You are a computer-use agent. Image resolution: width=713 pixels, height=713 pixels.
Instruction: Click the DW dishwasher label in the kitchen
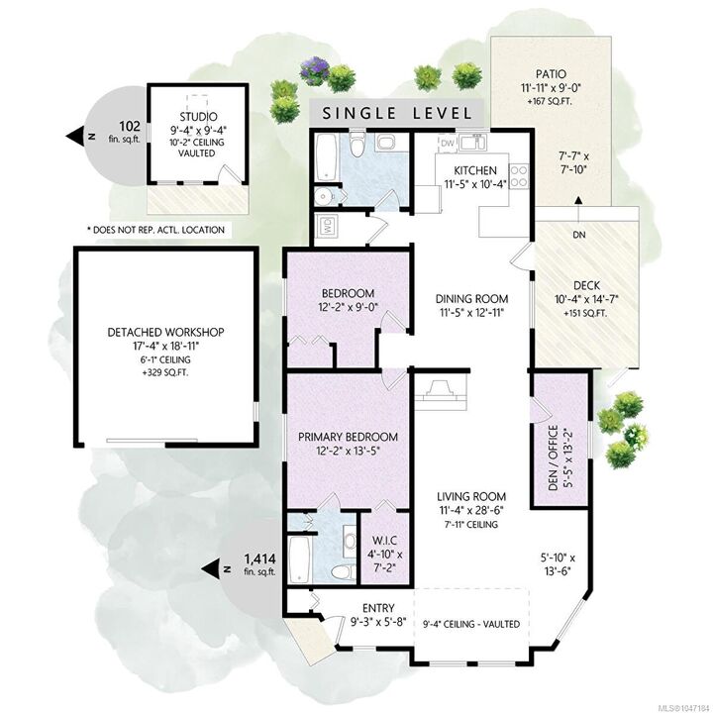pyautogui.click(x=448, y=144)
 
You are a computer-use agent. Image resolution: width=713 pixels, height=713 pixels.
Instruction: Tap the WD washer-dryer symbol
pyautogui.click(x=327, y=226)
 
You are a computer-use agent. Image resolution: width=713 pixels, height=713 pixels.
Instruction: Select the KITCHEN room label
pyautogui.click(x=475, y=170)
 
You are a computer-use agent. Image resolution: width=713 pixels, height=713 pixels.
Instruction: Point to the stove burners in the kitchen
pyautogui.click(x=519, y=176)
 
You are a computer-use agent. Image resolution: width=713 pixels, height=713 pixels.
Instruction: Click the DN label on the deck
pyautogui.click(x=579, y=235)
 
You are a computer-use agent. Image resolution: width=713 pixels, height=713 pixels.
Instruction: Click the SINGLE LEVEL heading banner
pyautogui.click(x=396, y=113)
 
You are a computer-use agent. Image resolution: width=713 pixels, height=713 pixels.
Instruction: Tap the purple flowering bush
pyautogui.click(x=315, y=70)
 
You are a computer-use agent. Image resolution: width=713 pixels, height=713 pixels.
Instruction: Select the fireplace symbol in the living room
pyautogui.click(x=440, y=390)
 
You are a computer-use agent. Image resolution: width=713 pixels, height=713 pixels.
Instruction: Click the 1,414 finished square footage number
pyautogui.click(x=259, y=558)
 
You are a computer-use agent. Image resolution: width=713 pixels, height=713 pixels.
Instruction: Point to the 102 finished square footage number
pyautogui.click(x=130, y=126)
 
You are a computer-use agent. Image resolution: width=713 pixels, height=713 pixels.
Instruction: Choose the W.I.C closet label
pyautogui.click(x=384, y=541)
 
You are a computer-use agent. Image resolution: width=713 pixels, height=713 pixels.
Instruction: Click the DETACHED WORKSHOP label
pyautogui.click(x=165, y=332)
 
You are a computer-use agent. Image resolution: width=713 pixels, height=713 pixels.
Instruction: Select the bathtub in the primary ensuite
pyautogui.click(x=299, y=560)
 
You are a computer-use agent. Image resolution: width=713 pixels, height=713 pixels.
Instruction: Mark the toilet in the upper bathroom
pyautogui.click(x=357, y=144)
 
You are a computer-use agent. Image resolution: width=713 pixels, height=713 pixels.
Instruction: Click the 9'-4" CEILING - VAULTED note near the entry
pyautogui.click(x=471, y=624)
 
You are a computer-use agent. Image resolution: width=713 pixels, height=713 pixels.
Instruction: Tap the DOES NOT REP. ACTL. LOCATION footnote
pyautogui.click(x=156, y=230)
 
